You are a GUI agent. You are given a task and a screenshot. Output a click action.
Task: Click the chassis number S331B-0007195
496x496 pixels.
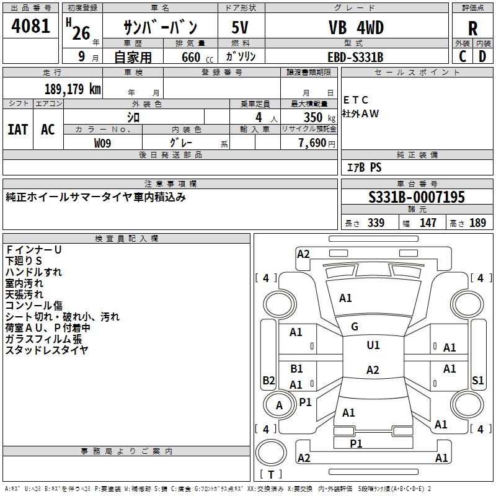[416, 197]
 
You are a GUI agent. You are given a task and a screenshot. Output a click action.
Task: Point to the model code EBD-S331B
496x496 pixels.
[355, 57]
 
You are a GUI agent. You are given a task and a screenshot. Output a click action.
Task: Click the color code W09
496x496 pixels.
[103, 143]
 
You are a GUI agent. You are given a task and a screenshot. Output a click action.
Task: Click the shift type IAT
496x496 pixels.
[18, 129]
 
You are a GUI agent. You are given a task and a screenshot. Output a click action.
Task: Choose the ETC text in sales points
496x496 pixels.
[356, 100]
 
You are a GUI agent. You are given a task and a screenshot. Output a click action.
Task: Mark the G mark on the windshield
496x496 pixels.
[355, 327]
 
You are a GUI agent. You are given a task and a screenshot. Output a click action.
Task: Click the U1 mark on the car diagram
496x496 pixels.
[373, 345]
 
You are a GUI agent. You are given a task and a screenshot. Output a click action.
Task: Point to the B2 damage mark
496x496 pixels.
[268, 380]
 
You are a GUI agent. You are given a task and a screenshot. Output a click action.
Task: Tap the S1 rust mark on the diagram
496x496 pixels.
[477, 380]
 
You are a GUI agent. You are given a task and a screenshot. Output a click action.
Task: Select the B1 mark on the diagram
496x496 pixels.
[296, 369]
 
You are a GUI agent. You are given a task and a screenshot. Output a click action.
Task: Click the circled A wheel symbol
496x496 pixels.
[279, 405]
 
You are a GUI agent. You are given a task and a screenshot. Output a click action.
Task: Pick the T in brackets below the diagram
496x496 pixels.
[270, 474]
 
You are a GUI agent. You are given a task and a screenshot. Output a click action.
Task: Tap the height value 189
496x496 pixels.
[478, 223]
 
